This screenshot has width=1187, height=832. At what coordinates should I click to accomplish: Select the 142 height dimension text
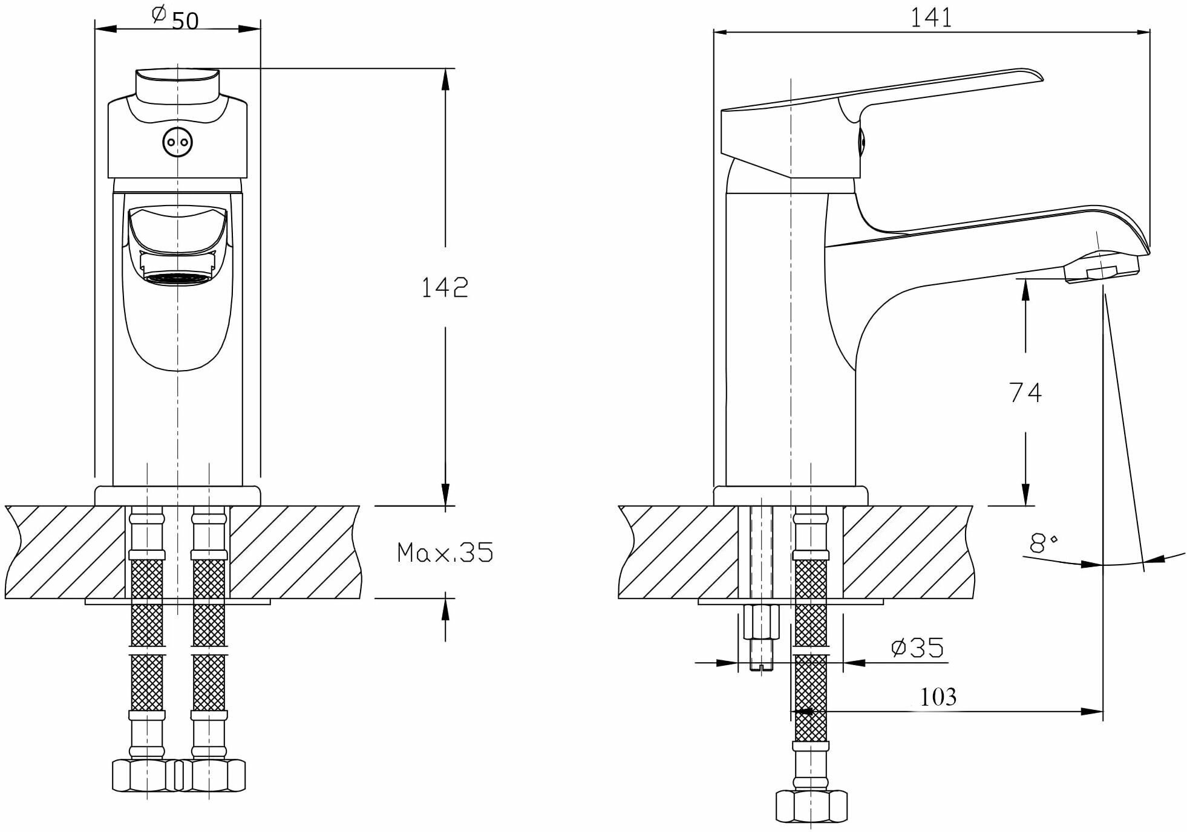tap(445, 287)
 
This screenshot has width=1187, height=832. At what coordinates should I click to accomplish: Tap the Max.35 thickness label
tap(445, 553)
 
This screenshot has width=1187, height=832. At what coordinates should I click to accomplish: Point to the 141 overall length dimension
tap(931, 18)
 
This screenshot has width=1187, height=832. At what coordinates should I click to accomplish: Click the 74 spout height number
tap(1025, 392)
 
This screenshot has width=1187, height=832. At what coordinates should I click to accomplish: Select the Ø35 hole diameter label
tap(917, 648)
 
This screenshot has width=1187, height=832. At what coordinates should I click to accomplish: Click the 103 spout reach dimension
tap(938, 697)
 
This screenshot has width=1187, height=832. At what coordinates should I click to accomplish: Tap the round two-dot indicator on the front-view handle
tap(177, 143)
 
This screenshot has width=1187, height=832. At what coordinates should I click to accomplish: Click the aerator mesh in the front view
tap(177, 278)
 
